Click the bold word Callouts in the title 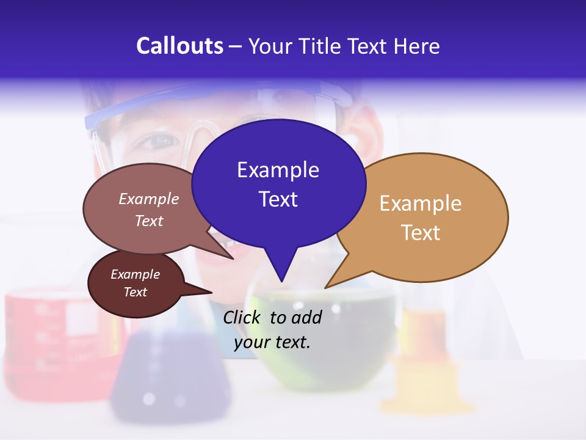pyautogui.click(x=179, y=46)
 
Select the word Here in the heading pyautogui.click(x=417, y=46)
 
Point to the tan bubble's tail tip pyautogui.click(x=327, y=287)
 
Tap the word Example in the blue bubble pyautogui.click(x=278, y=170)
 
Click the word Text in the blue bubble pyautogui.click(x=278, y=199)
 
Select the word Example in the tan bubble pyautogui.click(x=421, y=204)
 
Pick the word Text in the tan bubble pyautogui.click(x=421, y=233)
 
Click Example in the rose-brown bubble pyautogui.click(x=148, y=199)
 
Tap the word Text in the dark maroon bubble pyautogui.click(x=135, y=292)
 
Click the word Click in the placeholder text pyautogui.click(x=243, y=317)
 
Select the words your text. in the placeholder pyautogui.click(x=272, y=342)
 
